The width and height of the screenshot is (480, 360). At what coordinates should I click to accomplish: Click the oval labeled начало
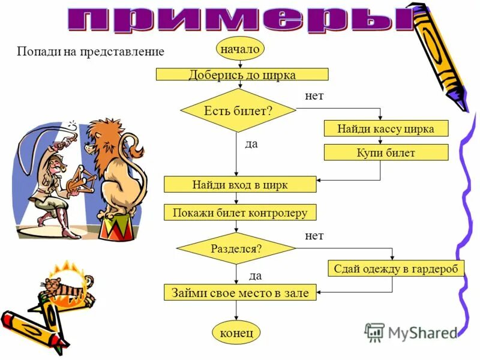point(239,49)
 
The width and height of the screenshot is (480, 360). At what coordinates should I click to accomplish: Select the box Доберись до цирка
point(242,74)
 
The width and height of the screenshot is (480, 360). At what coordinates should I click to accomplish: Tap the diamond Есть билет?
point(238,110)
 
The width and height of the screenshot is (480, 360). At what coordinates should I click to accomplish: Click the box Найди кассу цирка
point(385,128)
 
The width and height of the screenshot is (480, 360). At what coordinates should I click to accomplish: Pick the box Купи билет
point(385,152)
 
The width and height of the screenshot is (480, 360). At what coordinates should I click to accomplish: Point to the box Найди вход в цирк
point(240,184)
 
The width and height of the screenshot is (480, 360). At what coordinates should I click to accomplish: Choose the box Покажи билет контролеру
point(240,212)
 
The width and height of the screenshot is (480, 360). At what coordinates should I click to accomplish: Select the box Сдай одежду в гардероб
point(396,268)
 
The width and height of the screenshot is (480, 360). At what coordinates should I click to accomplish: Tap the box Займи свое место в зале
point(240,293)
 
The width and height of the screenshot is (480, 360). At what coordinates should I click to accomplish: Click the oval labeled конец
point(236,332)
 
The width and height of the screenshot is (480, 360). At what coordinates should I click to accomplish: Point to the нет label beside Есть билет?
point(314,95)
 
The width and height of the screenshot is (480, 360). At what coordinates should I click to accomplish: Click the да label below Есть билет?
point(251,145)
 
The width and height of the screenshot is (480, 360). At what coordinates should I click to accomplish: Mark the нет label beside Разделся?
point(314,236)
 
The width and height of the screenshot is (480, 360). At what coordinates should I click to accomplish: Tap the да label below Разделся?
point(256,275)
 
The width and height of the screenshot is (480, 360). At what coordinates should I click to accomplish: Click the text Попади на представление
point(90,52)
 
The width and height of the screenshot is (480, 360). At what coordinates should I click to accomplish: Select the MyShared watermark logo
point(411,332)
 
